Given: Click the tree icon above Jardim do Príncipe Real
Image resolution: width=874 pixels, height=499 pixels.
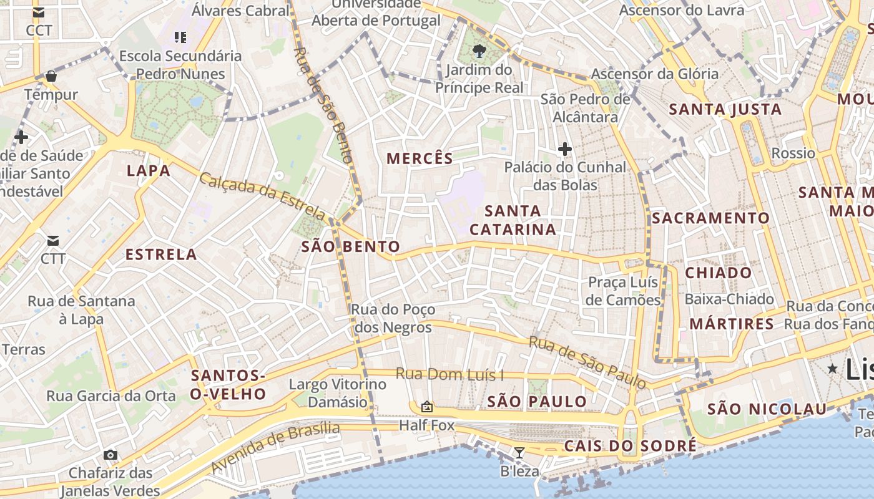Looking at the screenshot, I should [x=479, y=51].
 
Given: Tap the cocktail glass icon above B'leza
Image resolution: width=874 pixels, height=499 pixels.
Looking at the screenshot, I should [x=519, y=452].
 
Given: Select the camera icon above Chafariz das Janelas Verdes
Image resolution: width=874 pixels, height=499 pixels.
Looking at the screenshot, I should [x=110, y=455].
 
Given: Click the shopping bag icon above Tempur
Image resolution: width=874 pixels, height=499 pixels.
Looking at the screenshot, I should [x=51, y=76].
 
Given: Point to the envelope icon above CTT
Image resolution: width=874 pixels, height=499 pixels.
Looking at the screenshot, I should [x=52, y=240].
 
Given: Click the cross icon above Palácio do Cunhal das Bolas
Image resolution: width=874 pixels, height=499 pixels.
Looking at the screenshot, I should [x=565, y=149].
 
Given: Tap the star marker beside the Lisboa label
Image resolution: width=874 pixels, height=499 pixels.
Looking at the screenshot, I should [x=832, y=369].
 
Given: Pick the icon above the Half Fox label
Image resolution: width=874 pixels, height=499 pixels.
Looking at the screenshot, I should [x=427, y=407].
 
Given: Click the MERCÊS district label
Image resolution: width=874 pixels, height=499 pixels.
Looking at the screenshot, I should [x=420, y=158].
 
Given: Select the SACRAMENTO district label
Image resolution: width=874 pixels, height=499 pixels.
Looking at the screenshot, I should [x=710, y=218].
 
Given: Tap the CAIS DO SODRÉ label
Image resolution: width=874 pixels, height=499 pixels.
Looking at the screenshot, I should [x=629, y=446].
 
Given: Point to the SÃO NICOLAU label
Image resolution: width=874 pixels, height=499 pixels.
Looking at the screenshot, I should [x=767, y=409].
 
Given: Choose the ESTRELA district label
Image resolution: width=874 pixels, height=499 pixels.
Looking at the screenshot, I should [x=161, y=254].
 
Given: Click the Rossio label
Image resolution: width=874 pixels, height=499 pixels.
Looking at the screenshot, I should [x=793, y=153].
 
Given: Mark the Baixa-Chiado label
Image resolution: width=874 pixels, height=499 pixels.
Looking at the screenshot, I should [x=729, y=299].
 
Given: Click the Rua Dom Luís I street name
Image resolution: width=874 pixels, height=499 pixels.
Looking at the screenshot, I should [x=449, y=375].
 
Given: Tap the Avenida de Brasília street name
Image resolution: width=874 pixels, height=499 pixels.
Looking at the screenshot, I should [x=275, y=447].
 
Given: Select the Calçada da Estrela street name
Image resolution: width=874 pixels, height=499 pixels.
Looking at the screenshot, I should [x=263, y=197].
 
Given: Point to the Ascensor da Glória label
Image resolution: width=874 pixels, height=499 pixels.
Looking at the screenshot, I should [x=655, y=74].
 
